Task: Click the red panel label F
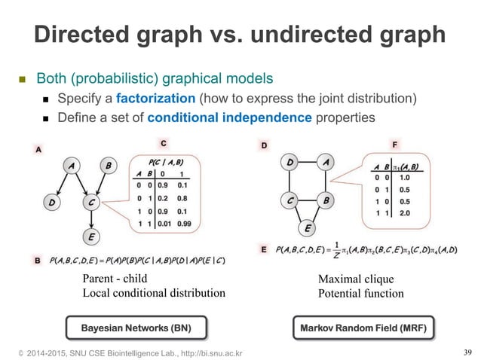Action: (395, 142)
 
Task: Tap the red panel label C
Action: (163, 142)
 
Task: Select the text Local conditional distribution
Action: (153, 292)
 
